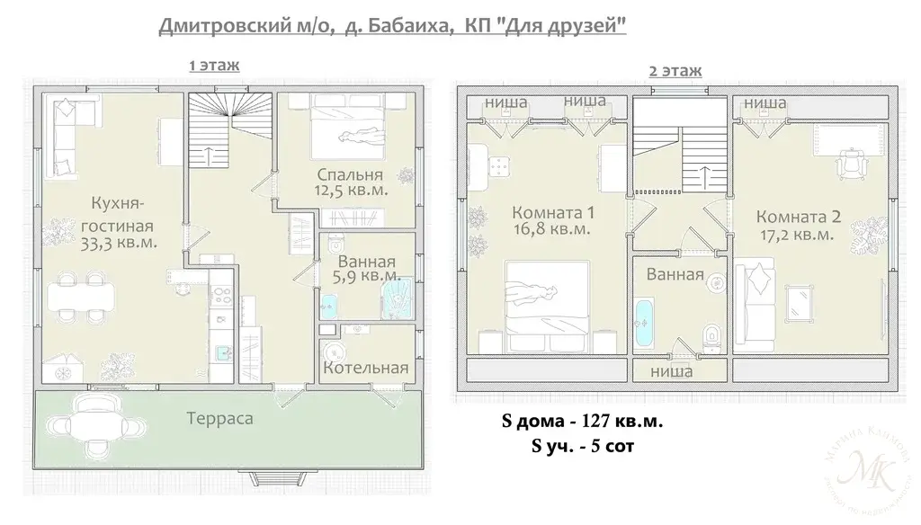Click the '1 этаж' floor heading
tap(213, 65)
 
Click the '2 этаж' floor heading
tap(675, 70)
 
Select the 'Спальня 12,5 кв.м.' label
tap(350, 182)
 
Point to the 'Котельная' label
tap(366, 368)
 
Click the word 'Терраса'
tap(219, 418)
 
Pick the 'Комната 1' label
tap(552, 221)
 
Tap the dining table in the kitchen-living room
tap(82, 294)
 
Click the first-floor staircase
tap(229, 130)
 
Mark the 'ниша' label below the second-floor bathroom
tap(670, 370)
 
